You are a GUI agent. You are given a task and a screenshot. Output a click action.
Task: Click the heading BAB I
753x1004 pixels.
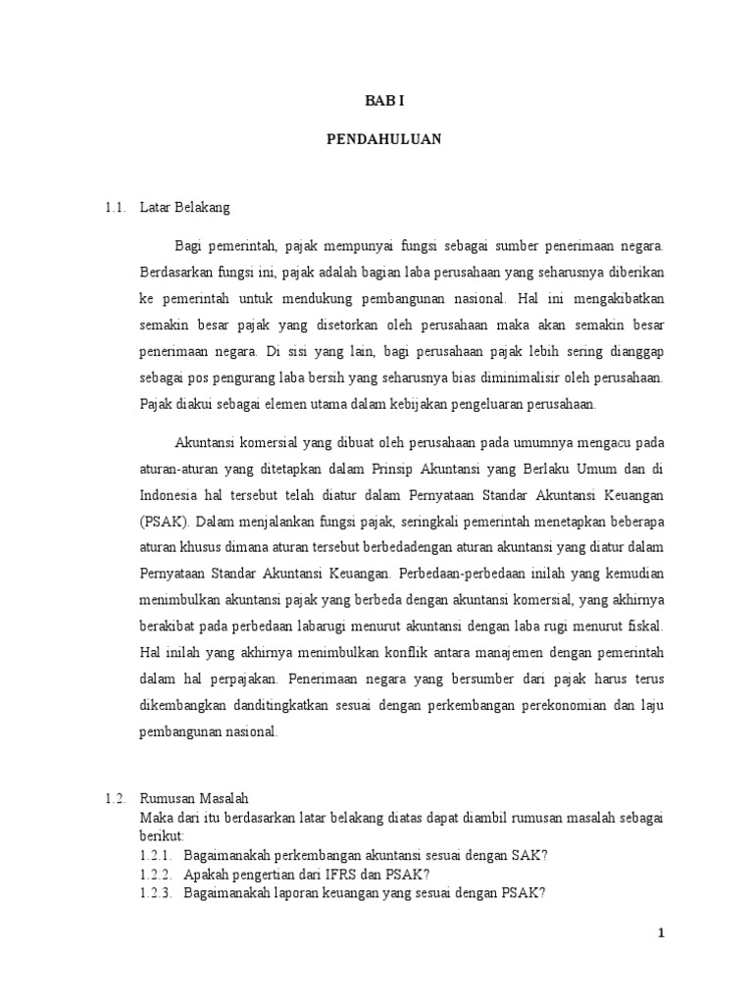point(383,100)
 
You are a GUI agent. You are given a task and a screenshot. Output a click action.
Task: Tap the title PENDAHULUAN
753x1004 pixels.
point(383,139)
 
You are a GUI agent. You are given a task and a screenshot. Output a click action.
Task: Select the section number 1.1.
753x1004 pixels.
point(117,208)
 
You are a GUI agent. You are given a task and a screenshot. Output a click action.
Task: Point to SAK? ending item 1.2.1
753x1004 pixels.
point(531,855)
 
